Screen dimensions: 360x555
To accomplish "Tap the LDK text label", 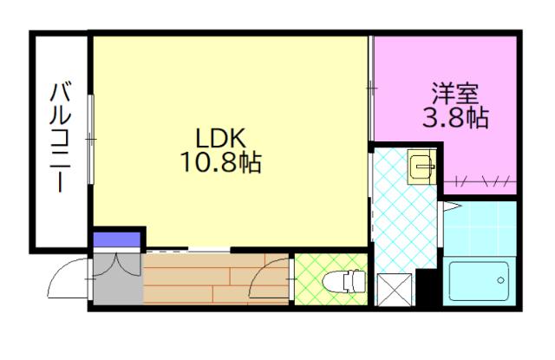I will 221,137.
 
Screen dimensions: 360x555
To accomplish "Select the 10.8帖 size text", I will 221,161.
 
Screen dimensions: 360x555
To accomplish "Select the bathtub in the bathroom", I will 480,281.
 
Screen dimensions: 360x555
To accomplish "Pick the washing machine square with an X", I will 395,290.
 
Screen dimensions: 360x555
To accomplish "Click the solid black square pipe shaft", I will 427,287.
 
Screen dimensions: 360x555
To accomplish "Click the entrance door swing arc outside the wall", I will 66,280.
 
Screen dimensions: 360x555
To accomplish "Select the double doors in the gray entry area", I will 116,265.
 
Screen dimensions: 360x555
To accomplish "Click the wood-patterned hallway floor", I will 208,279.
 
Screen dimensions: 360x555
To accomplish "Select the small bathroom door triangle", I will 450,206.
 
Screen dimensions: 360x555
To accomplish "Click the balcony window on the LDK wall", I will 91,139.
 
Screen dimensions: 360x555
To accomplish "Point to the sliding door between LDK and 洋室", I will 370,87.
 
